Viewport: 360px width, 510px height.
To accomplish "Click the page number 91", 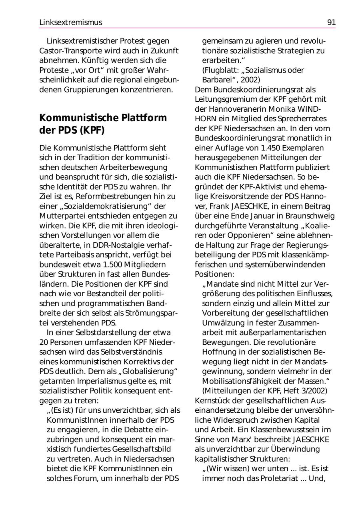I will (x=331, y=22).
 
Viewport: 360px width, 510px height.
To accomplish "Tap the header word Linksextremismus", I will (x=71, y=22).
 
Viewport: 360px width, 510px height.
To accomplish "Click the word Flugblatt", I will (x=221, y=70).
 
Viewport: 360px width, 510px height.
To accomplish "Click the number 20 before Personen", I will (x=44, y=342).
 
